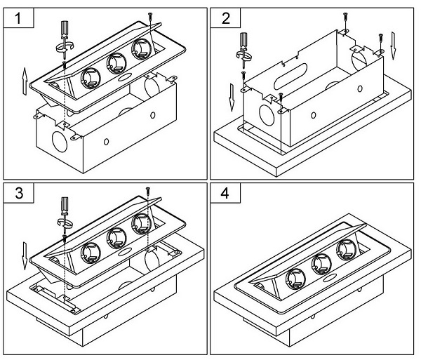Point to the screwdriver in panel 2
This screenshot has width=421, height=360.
click(x=243, y=50)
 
